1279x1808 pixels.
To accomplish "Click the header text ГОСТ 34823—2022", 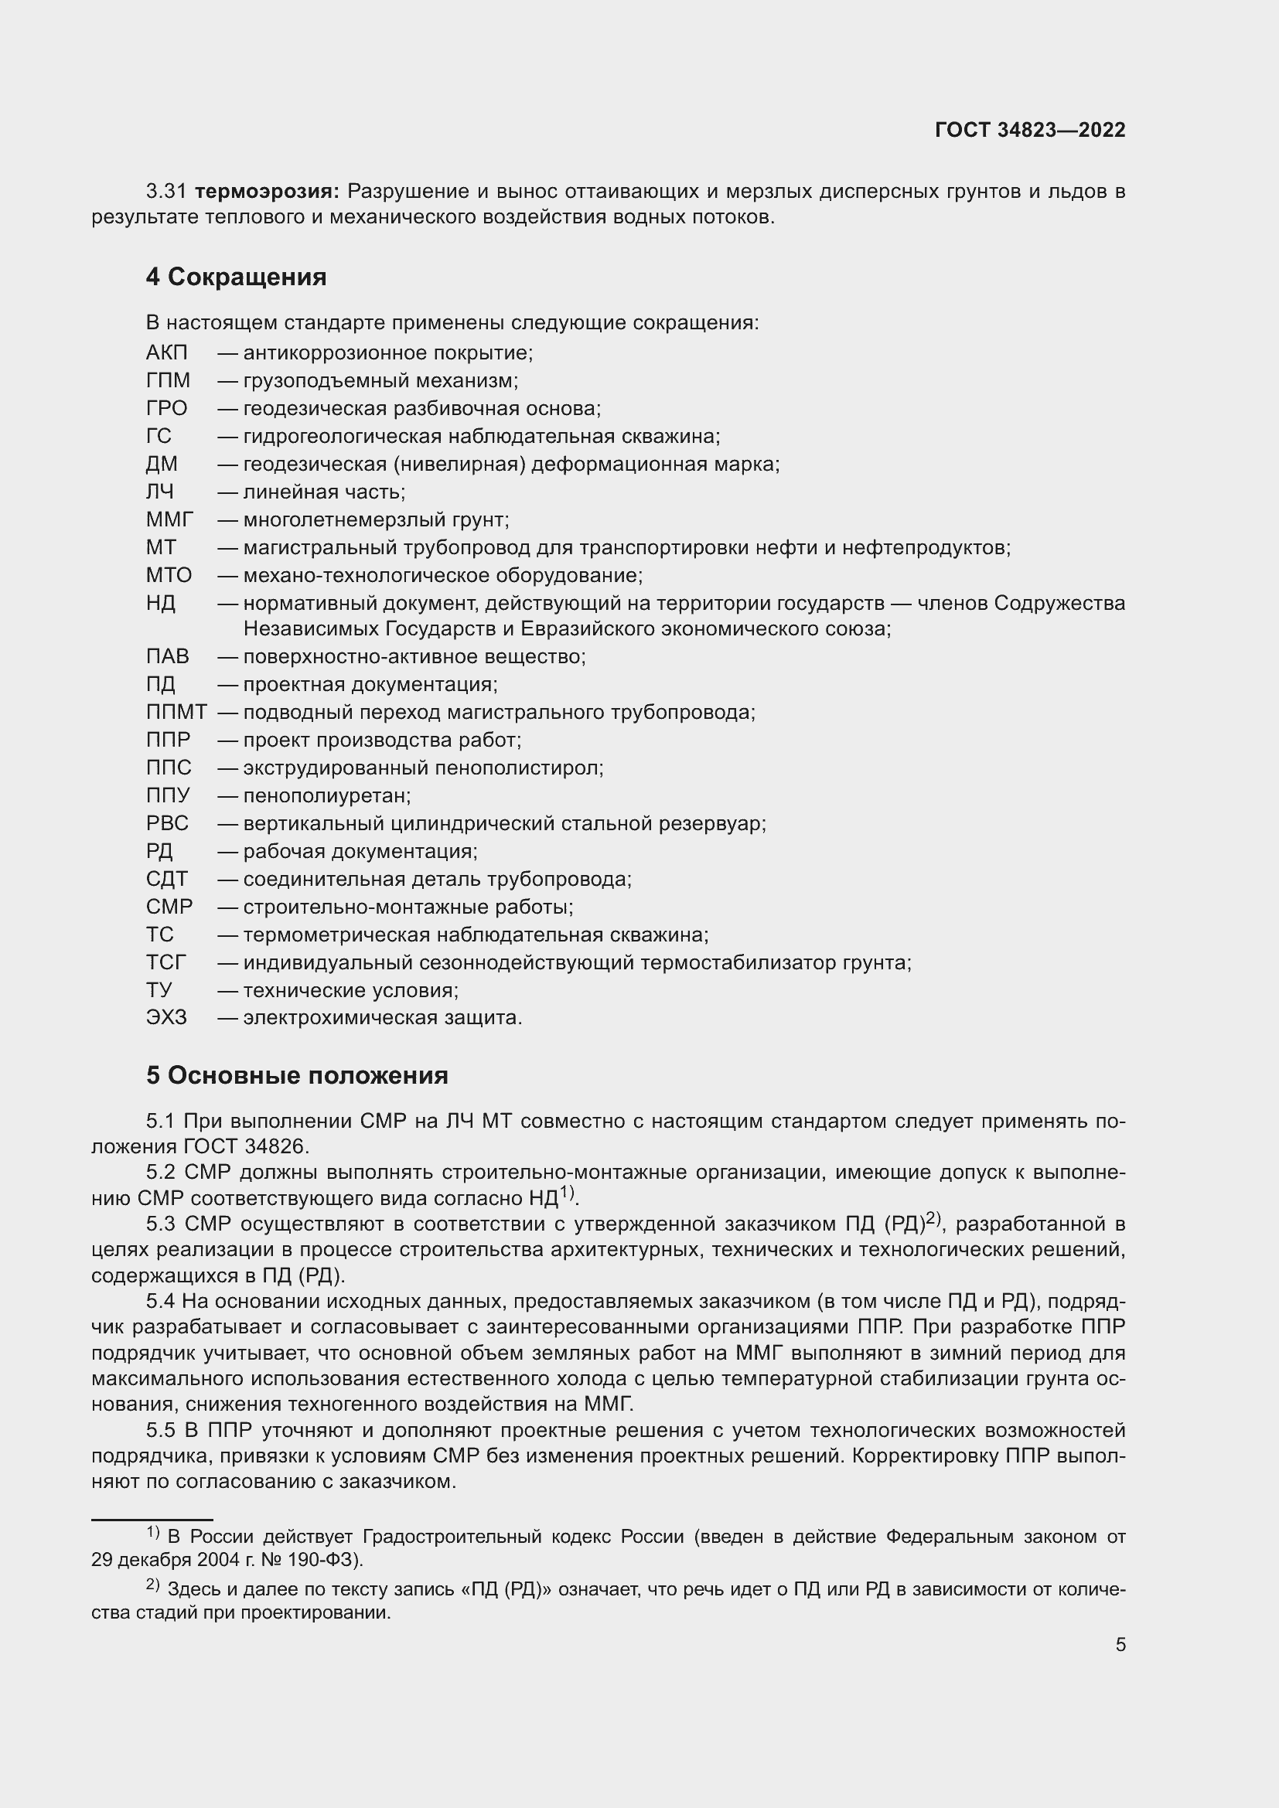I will tap(1030, 131).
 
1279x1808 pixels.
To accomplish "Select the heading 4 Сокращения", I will tap(236, 277).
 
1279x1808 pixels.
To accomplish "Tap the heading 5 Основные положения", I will tap(297, 1076).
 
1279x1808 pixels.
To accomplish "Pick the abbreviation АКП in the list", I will tap(167, 352).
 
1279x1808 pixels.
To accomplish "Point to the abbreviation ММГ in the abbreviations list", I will tap(169, 519).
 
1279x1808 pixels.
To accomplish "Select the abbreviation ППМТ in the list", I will tap(176, 713).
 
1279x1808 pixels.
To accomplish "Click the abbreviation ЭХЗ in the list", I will tap(166, 1018).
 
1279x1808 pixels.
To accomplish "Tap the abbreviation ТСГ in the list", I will tap(166, 962).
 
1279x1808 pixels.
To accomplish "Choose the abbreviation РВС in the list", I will tap(167, 824).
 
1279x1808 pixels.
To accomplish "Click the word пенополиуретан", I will tap(326, 796).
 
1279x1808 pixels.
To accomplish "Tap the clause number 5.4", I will tap(163, 1301).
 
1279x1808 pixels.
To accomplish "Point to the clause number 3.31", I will tap(165, 192).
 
